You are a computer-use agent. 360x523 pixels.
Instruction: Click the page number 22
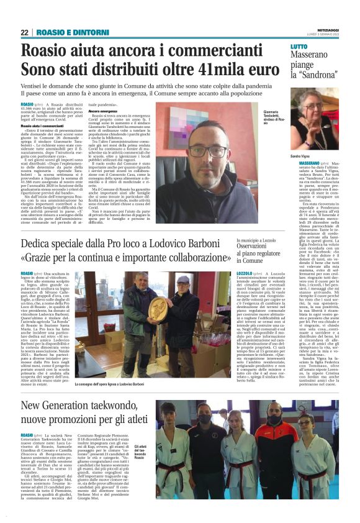point(25,32)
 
